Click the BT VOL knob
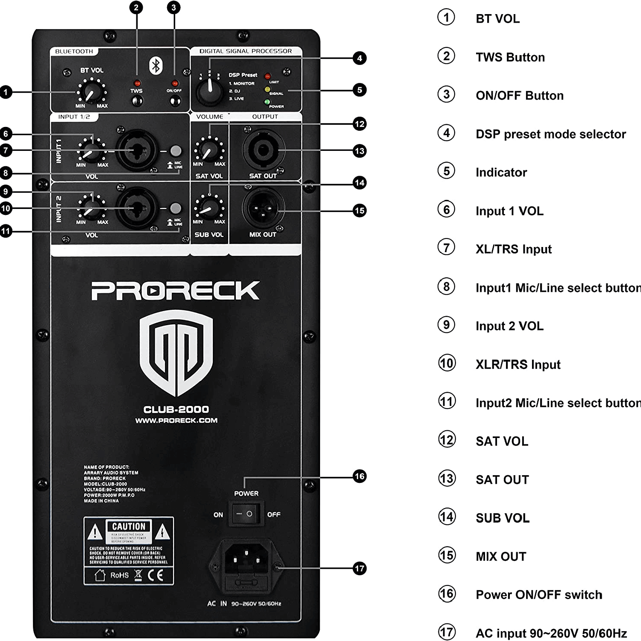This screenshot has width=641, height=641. click(91, 91)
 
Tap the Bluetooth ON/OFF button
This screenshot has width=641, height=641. click(175, 101)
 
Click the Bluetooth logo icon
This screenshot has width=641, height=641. click(156, 65)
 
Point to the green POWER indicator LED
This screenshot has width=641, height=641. click(267, 102)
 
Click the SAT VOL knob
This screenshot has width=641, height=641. click(209, 151)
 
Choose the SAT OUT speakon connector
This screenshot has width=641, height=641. click(263, 150)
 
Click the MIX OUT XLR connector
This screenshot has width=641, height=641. click(263, 209)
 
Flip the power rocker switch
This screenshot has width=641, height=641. click(246, 514)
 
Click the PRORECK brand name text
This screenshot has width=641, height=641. click(175, 291)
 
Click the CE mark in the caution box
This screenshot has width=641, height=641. click(156, 575)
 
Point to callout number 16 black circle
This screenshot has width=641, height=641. click(360, 476)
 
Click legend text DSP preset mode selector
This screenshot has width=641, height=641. click(550, 134)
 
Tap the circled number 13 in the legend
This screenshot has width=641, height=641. click(447, 479)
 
